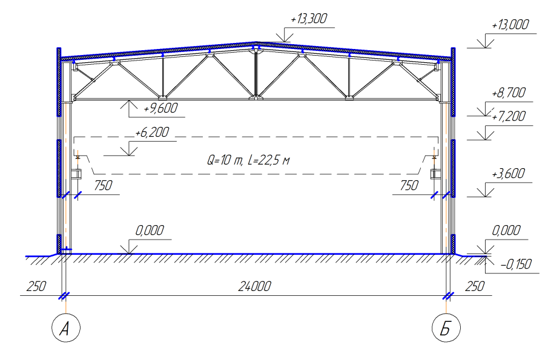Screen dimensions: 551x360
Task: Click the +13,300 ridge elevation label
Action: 309,19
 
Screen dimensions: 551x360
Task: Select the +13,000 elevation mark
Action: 510,25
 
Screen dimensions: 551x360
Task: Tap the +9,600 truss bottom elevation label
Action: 160,108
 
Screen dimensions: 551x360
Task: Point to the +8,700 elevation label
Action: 509,93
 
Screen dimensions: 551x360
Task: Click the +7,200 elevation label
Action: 509,116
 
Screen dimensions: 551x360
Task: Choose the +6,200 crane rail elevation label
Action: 152,133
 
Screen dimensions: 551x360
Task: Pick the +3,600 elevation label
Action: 509,174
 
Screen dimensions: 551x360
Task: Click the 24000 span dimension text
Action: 255,287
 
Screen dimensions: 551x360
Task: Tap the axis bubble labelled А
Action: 66,328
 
